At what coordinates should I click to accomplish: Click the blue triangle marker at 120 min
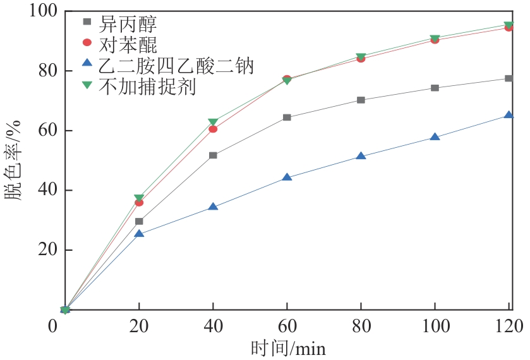pyautogui.click(x=509, y=116)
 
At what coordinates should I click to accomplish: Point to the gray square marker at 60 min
pyautogui.click(x=287, y=117)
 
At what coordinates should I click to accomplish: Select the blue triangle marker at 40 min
pyautogui.click(x=213, y=207)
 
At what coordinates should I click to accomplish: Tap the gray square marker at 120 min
pyautogui.click(x=509, y=78)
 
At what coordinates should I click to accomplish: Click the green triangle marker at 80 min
pyautogui.click(x=361, y=57)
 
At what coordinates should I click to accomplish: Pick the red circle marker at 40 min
pyautogui.click(x=213, y=129)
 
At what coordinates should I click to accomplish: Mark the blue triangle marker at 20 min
pyautogui.click(x=139, y=234)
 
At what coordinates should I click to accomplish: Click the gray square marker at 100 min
pyautogui.click(x=435, y=88)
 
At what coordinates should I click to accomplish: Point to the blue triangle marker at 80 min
pyautogui.click(x=361, y=156)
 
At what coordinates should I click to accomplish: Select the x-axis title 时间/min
pyautogui.click(x=287, y=348)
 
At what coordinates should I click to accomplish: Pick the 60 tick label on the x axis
pyautogui.click(x=287, y=327)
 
